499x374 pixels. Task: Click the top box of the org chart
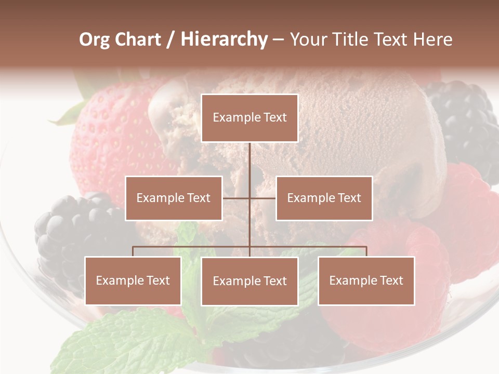(x=249, y=118)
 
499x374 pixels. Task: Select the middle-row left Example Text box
(x=174, y=198)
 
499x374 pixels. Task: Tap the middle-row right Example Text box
(x=324, y=198)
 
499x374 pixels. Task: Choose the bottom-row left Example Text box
(x=133, y=280)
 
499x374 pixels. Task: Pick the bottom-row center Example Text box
(x=249, y=281)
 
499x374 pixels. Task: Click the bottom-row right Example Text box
(x=366, y=280)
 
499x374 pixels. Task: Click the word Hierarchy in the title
(x=224, y=39)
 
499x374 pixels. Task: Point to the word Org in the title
(x=94, y=39)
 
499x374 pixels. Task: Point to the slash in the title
(x=170, y=39)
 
